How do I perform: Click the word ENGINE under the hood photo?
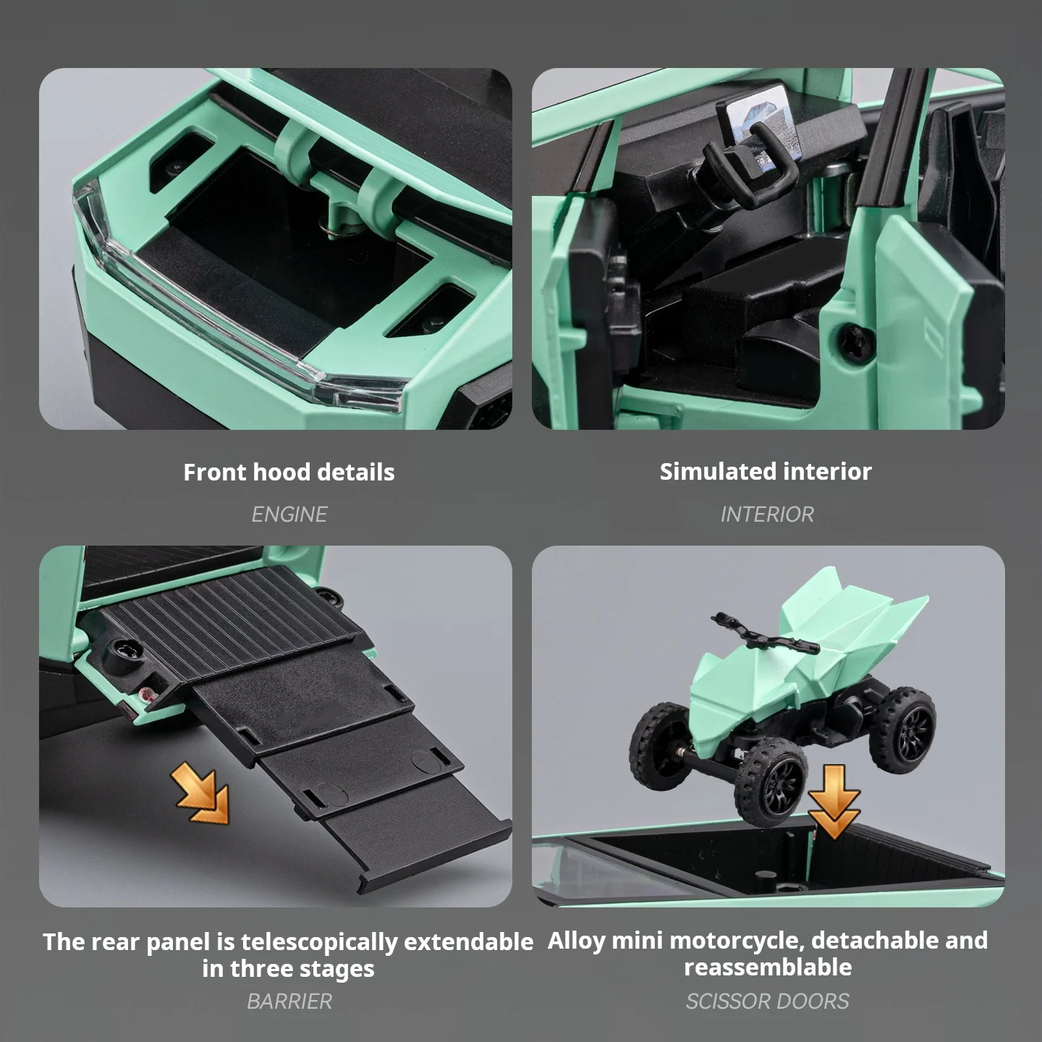[x=289, y=514]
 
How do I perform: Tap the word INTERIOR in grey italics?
[x=767, y=514]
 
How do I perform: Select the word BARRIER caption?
[x=289, y=1001]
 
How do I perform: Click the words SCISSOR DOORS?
[x=767, y=1001]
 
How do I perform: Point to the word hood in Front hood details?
[x=281, y=472]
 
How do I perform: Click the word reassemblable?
[x=767, y=967]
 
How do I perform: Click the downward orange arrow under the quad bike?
[x=834, y=801]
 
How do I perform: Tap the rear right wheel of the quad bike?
[x=902, y=729]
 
